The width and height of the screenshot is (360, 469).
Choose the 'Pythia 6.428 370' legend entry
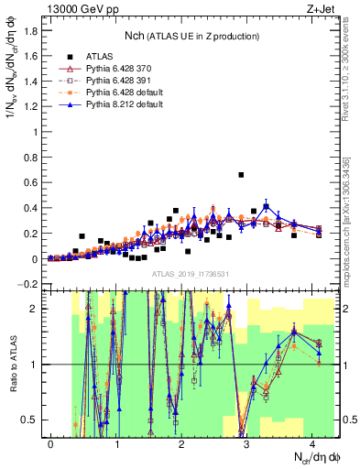coord(120,69)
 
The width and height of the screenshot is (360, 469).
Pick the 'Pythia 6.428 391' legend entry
coord(120,81)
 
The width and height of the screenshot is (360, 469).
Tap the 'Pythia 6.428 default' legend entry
coord(123,93)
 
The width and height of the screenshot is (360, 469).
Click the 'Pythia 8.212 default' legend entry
coord(123,104)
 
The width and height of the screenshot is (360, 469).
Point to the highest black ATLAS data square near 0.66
coord(241,174)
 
